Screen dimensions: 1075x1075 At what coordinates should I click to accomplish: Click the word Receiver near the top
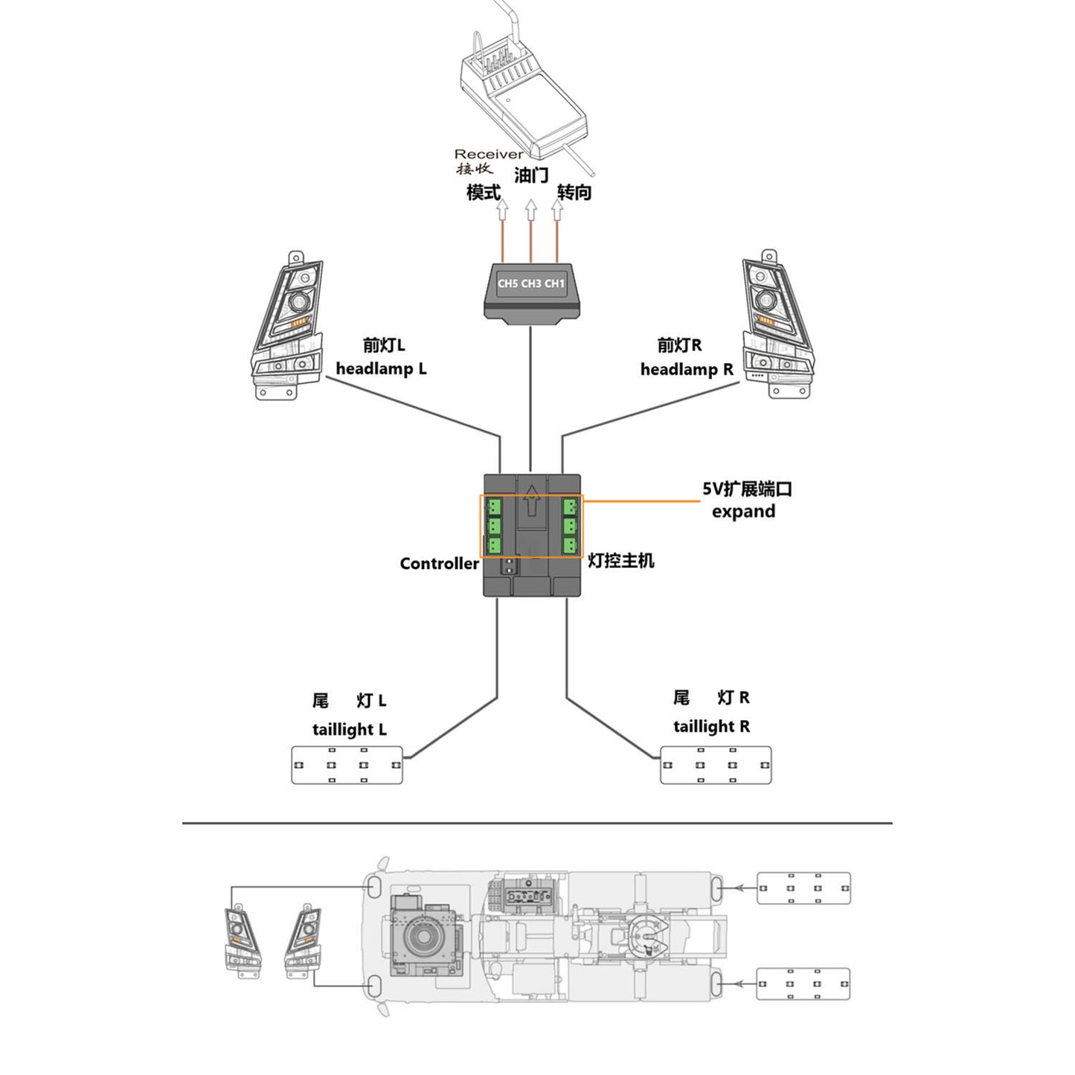pos(488,154)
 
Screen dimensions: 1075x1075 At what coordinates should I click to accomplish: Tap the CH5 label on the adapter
pos(507,283)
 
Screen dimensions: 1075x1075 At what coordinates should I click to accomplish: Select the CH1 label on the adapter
pos(554,283)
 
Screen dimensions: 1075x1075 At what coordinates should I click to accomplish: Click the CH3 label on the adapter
pos(531,283)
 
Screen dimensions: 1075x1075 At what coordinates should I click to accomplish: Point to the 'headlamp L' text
pos(381,369)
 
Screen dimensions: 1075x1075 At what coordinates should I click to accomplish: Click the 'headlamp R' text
pos(687,370)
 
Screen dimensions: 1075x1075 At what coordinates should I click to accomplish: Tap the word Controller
pos(439,564)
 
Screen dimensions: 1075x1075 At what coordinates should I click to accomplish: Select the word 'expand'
pos(743,512)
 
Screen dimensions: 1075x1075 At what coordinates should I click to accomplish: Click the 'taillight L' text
pos(350,730)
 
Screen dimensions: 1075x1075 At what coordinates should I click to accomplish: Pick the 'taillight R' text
pos(711,727)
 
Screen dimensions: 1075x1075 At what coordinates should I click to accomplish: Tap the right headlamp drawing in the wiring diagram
pos(777,326)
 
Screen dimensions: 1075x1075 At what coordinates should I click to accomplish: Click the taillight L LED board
pos(347,765)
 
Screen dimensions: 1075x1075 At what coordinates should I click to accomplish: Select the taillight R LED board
pos(716,765)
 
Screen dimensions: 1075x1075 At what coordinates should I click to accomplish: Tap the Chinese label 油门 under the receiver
pos(531,176)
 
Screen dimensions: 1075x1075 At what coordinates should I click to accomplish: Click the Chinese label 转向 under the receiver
pos(574,193)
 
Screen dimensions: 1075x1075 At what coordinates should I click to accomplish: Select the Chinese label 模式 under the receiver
pos(484,193)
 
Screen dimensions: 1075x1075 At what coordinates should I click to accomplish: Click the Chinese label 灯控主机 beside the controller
pos(621,561)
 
